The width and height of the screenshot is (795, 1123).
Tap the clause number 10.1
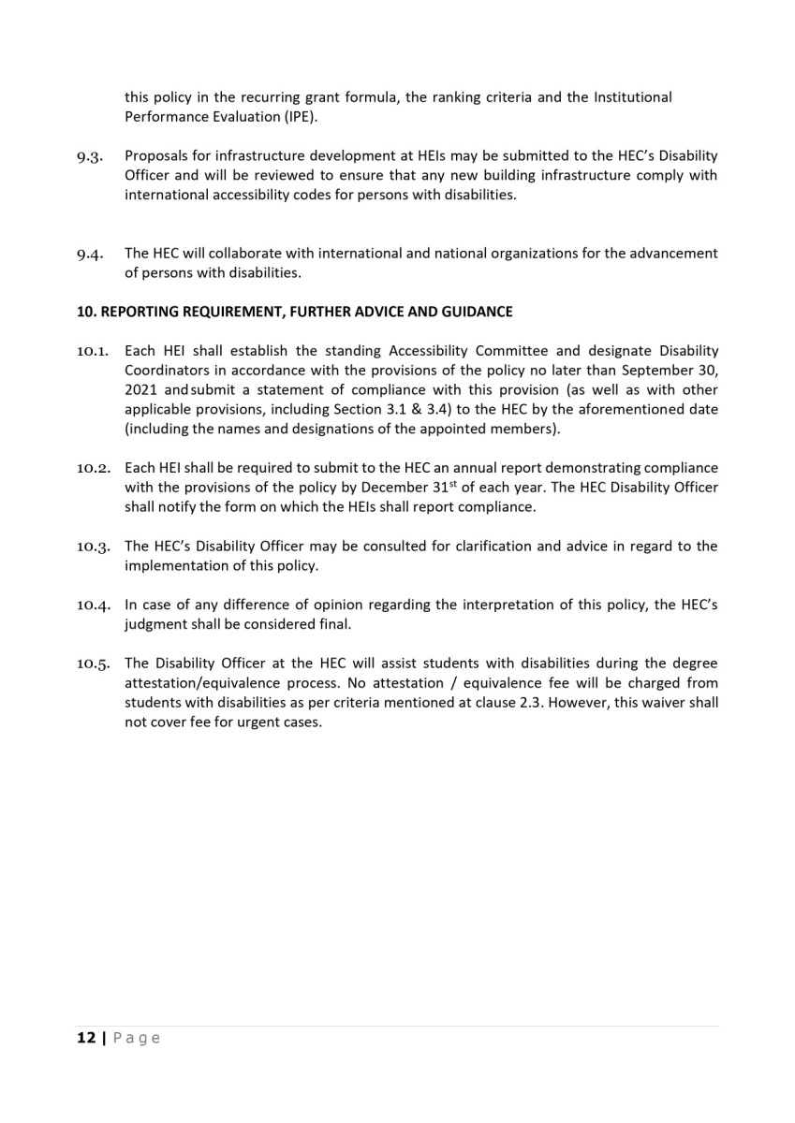click(93, 351)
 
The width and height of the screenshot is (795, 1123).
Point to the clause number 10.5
click(93, 664)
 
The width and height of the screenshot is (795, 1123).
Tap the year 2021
click(141, 390)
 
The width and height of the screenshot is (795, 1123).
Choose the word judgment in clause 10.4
click(158, 624)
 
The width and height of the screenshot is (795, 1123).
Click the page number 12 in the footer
click(86, 1038)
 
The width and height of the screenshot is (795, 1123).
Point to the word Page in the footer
click(137, 1038)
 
